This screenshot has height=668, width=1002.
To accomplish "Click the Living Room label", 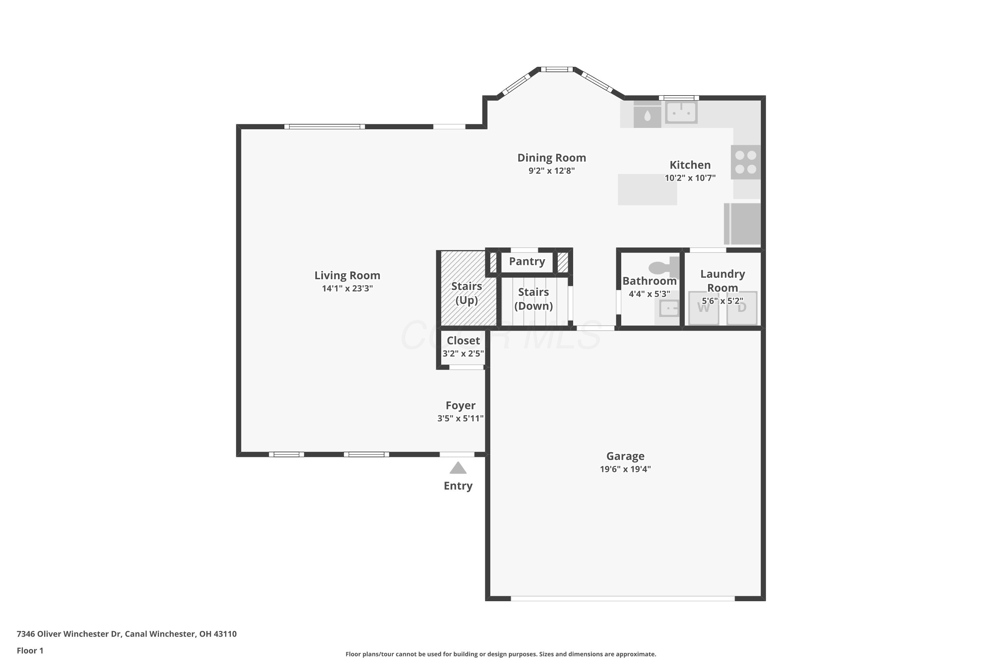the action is pos(347,276).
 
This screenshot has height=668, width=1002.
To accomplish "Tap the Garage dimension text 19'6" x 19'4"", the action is pos(625,469).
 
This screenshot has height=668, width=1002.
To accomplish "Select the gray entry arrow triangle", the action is pos(458,468).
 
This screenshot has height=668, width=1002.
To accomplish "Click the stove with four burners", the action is pos(745,162).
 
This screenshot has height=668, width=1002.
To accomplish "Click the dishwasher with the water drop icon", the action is pos(647,115).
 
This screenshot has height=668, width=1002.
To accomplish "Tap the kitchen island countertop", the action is pos(648,190).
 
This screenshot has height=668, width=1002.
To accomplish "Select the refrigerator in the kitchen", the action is pos(742,224).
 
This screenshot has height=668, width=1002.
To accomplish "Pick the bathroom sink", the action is pos(668,308).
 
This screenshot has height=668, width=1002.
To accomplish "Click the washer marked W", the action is pos(704,308).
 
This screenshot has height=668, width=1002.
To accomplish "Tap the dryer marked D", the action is pos(742,308).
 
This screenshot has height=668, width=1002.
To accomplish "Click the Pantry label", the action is pos(527,262).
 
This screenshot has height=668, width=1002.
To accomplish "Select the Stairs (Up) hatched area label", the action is pos(467,293).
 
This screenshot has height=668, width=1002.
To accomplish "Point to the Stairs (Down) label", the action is pos(533,299).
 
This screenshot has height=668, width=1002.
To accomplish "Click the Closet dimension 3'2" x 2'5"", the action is pos(463,353).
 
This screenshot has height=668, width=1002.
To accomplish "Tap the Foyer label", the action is pos(461,405).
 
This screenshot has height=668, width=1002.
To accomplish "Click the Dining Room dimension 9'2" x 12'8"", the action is pos(552,171).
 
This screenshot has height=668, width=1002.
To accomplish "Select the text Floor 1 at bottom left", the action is pos(30,651).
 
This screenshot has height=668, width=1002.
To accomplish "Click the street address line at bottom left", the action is pos(127,634).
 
